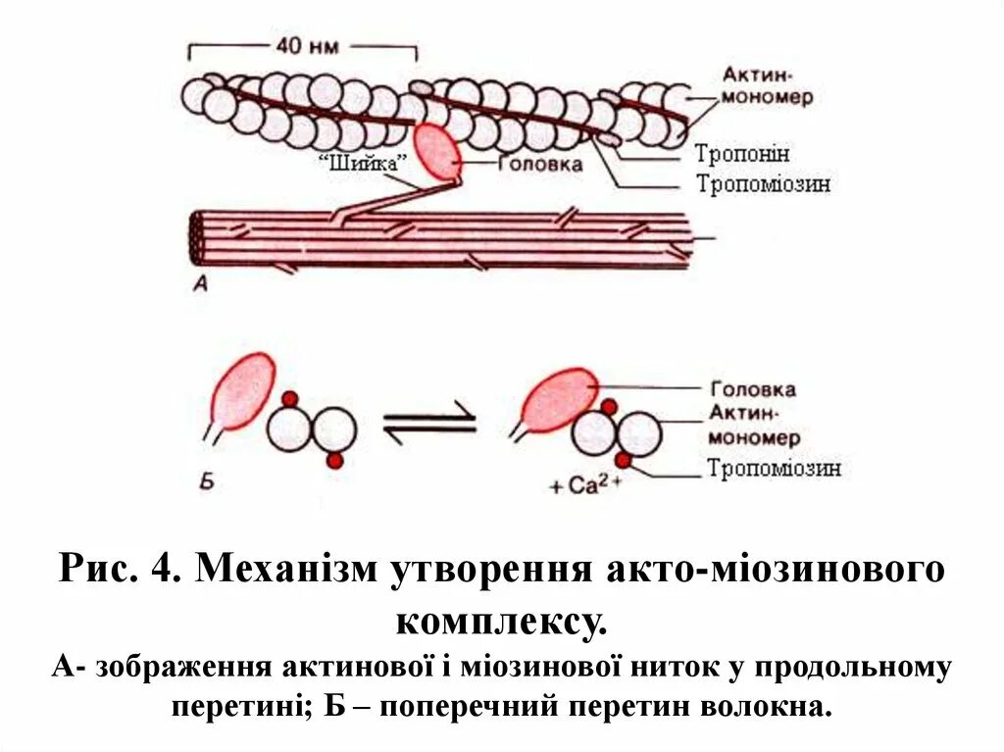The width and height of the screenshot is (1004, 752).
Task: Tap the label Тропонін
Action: pyautogui.click(x=742, y=154)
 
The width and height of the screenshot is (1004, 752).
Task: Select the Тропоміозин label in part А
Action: pyautogui.click(x=763, y=183)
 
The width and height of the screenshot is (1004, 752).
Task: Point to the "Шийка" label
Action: pyautogui.click(x=363, y=164)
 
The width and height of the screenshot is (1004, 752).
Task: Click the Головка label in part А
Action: pyautogui.click(x=539, y=164)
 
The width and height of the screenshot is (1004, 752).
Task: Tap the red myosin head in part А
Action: pyautogui.click(x=438, y=152)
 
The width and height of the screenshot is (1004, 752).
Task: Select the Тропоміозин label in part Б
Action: pyautogui.click(x=774, y=469)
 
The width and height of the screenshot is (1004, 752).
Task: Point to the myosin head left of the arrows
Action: pyautogui.click(x=241, y=392)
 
